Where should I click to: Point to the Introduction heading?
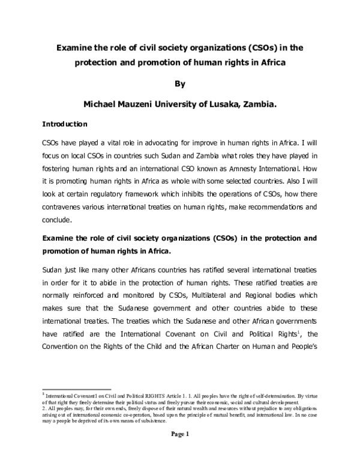[65, 125]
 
